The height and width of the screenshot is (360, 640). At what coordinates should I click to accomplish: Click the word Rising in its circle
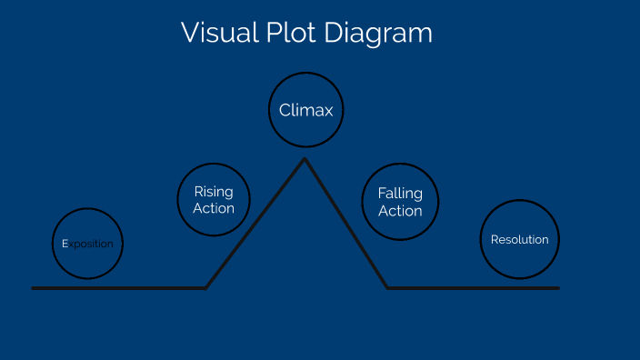point(214,192)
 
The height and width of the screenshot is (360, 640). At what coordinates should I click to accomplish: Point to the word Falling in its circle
point(400,194)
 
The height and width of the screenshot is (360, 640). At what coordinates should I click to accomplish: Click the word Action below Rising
point(214,208)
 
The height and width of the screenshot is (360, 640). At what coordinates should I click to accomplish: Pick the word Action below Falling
point(400,211)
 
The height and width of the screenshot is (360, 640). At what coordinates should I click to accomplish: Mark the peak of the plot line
point(305,160)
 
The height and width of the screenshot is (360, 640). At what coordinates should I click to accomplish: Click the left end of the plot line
point(34,288)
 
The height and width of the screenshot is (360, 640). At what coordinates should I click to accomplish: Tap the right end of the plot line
point(557,288)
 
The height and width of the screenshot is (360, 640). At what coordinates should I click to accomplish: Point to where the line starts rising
point(205,288)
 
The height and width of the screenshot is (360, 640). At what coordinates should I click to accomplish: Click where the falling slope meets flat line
point(388,288)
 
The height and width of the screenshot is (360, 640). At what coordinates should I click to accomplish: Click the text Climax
point(306,111)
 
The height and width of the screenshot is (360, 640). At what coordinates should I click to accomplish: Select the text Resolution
point(519,240)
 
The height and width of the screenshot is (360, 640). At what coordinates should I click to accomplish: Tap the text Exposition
point(87,244)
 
